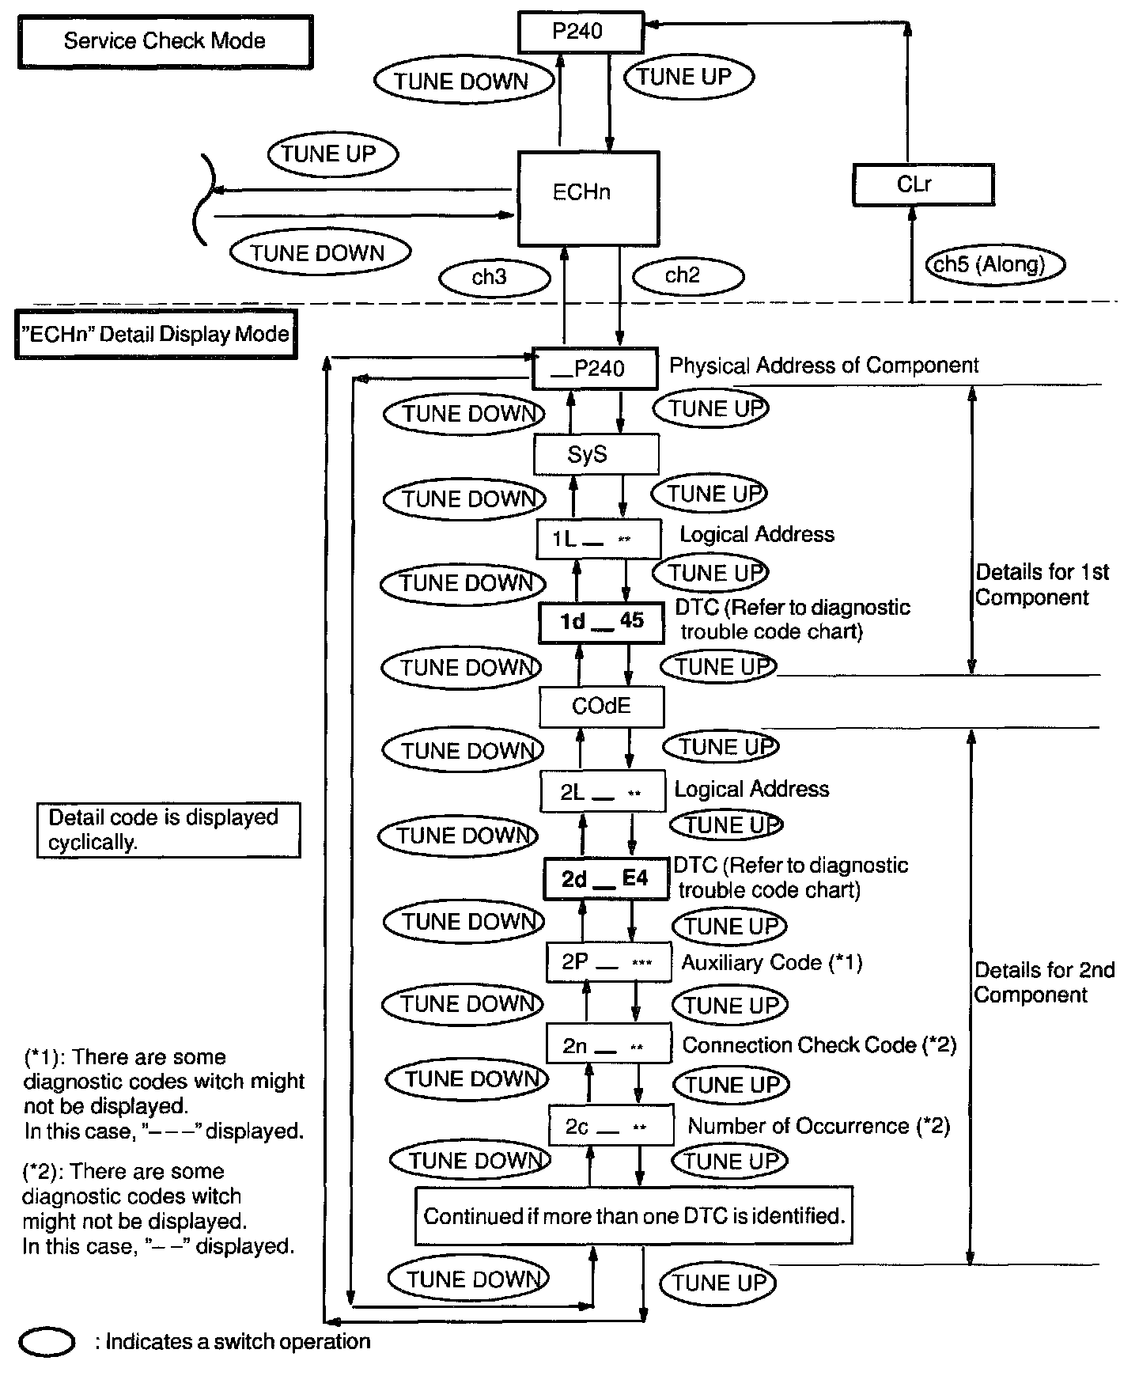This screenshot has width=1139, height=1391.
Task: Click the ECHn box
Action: [x=588, y=199]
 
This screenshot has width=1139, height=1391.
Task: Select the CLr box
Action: [x=922, y=185]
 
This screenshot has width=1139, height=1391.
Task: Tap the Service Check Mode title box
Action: [x=165, y=41]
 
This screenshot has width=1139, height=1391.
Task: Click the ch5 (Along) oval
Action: [x=994, y=264]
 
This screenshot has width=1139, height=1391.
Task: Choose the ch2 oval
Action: [x=687, y=275]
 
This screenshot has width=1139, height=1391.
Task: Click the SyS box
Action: [x=596, y=455]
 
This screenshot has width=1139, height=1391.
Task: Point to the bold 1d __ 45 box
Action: [x=601, y=622]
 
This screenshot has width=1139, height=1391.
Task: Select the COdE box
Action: [x=601, y=706]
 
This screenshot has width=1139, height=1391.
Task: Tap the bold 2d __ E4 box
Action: [x=606, y=879]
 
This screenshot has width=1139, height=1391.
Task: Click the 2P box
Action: [x=608, y=962]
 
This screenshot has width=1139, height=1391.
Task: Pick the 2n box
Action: [x=609, y=1045]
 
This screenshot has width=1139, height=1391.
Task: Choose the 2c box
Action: [x=611, y=1126]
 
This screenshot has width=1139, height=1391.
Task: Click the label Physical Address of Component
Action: [x=823, y=366]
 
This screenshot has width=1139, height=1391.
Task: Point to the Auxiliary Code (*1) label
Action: [x=771, y=962]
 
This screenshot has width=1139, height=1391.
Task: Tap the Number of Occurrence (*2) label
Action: [x=819, y=1126]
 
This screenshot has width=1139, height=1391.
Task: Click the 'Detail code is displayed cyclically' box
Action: [x=168, y=829]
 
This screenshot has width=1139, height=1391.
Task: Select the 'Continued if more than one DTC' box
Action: [x=634, y=1215]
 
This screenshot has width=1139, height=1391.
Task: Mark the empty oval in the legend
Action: [x=47, y=1342]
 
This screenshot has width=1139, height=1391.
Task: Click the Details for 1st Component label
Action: [x=1042, y=585]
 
